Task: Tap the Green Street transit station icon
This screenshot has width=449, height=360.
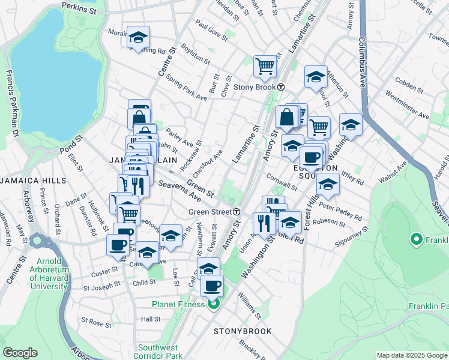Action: click(237, 212)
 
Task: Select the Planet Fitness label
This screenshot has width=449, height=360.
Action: click(179, 304)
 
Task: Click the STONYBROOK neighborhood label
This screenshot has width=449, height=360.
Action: click(243, 331)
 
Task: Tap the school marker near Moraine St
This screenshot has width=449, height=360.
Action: click(139, 37)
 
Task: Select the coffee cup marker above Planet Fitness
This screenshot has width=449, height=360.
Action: click(211, 286)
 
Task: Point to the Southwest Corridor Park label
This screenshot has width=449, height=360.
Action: click(158, 352)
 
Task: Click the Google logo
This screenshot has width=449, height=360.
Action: click(20, 353)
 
